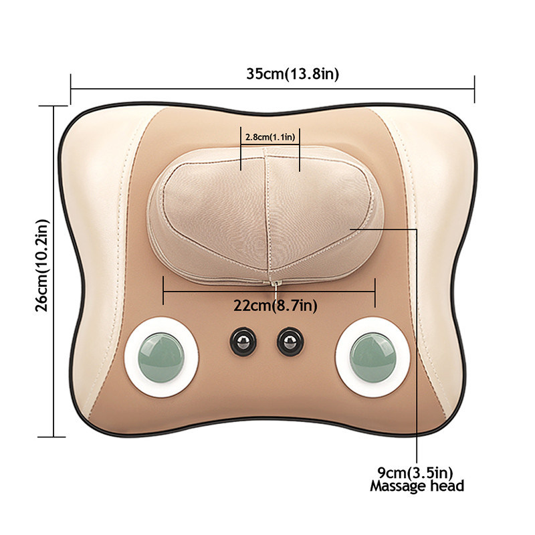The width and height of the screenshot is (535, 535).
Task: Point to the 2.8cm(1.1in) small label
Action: (x=270, y=136)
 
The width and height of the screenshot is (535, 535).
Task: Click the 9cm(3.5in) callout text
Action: (x=417, y=473)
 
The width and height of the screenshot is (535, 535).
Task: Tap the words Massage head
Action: (x=417, y=486)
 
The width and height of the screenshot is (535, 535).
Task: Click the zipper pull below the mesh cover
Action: (x=274, y=286)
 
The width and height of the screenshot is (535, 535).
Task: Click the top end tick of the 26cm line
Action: (x=53, y=105)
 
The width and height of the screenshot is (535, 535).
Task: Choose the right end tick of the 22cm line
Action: (x=375, y=291)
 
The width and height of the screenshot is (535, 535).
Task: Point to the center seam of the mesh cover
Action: (x=269, y=214)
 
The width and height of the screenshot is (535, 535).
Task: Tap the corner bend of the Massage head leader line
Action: (x=417, y=229)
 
